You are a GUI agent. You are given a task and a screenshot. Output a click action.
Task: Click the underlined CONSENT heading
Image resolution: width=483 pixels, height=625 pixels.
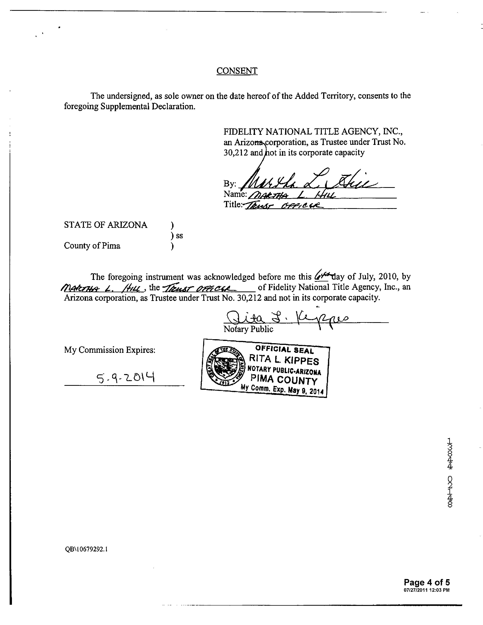[237, 71]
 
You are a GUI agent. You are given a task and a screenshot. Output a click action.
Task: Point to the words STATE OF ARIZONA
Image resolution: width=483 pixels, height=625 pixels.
[106, 225]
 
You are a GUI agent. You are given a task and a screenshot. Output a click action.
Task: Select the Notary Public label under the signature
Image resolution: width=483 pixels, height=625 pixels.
[248, 329]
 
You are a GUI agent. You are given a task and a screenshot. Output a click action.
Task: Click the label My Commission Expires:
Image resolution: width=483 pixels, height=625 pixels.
[110, 350]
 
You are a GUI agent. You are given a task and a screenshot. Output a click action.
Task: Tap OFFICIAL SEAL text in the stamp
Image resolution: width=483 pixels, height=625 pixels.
[284, 349]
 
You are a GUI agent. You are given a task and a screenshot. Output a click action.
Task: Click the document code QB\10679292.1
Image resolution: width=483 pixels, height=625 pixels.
[86, 549]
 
